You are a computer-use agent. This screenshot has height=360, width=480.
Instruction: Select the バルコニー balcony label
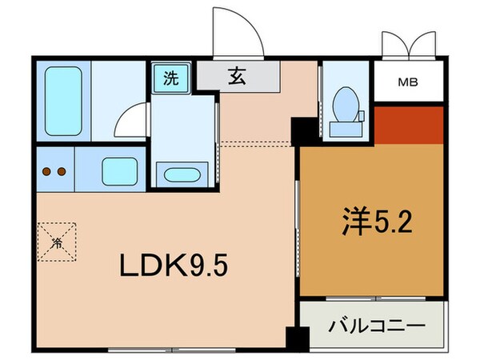[x=376, y=326]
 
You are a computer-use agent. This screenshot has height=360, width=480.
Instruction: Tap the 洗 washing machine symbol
[x=170, y=78]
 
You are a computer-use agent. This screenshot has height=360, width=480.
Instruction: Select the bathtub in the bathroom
[x=63, y=100]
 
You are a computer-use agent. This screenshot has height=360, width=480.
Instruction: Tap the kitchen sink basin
[x=118, y=170]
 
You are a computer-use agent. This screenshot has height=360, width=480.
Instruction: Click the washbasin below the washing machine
[x=182, y=174]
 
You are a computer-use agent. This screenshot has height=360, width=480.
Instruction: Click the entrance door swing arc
[x=239, y=32]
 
